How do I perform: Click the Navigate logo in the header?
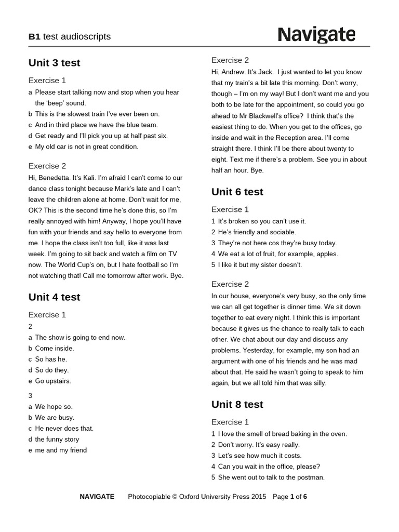(316, 35)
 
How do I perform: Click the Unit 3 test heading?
(54, 63)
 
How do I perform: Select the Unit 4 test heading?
(54, 297)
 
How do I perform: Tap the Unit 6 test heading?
(237, 192)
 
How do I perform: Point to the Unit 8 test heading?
(237, 404)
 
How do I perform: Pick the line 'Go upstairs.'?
(52, 381)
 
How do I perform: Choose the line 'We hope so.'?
(54, 407)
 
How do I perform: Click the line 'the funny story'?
(57, 440)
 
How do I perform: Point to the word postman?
(311, 477)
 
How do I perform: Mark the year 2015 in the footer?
(258, 497)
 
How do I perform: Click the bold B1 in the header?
(34, 36)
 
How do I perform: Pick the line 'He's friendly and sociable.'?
(257, 232)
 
